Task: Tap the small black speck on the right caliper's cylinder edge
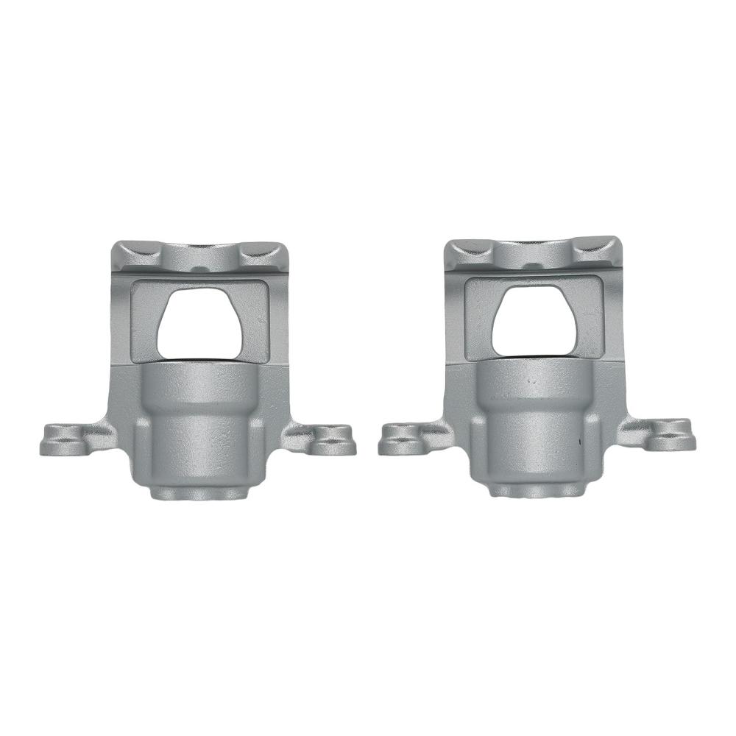point(581,442)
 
